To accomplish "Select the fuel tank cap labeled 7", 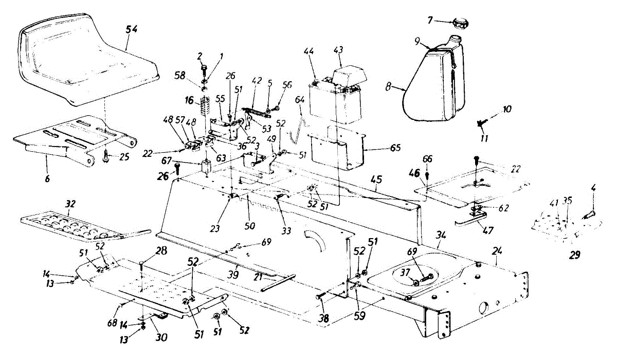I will tap(459, 22).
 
